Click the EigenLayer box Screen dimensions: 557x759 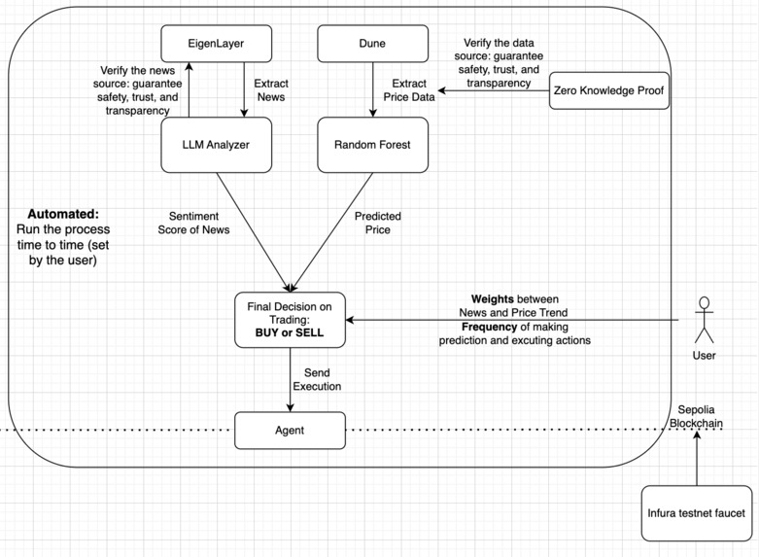pyautogui.click(x=216, y=43)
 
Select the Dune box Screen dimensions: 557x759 pyautogui.click(x=373, y=43)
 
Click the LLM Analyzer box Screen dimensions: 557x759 pyautogui.click(x=216, y=145)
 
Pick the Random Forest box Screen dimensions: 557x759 pyautogui.click(x=373, y=145)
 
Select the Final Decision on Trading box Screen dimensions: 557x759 pyautogui.click(x=291, y=319)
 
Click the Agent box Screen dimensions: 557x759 pyautogui.click(x=291, y=430)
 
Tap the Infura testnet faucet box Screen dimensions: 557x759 pyautogui.click(x=697, y=512)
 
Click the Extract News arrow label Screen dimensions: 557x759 pyautogui.click(x=269, y=91)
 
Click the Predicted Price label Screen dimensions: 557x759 pyautogui.click(x=378, y=224)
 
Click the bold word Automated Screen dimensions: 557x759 pyautogui.click(x=63, y=213)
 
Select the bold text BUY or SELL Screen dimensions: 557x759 pyautogui.click(x=291, y=332)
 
